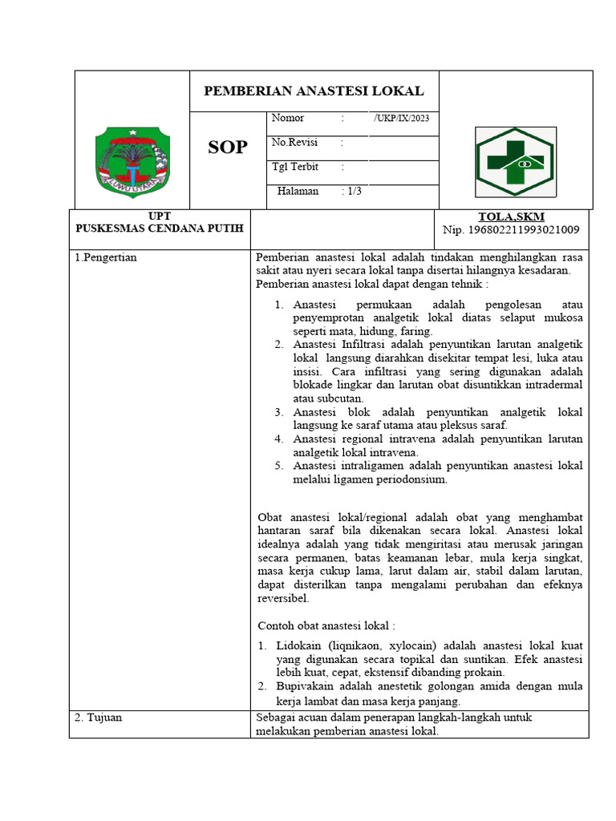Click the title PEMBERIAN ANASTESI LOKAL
(x=314, y=91)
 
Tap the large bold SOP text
(x=228, y=148)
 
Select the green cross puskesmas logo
(x=514, y=161)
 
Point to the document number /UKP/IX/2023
(x=405, y=119)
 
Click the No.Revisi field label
(x=294, y=142)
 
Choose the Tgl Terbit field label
(x=294, y=167)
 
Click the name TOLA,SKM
(x=511, y=217)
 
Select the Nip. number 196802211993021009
(x=511, y=231)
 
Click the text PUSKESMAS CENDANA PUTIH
(x=160, y=229)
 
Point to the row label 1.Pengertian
(x=106, y=257)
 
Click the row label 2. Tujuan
(x=98, y=718)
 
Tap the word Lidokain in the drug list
(x=301, y=645)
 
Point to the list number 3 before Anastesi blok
(x=278, y=412)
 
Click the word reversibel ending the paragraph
(x=282, y=598)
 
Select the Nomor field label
(x=288, y=119)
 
